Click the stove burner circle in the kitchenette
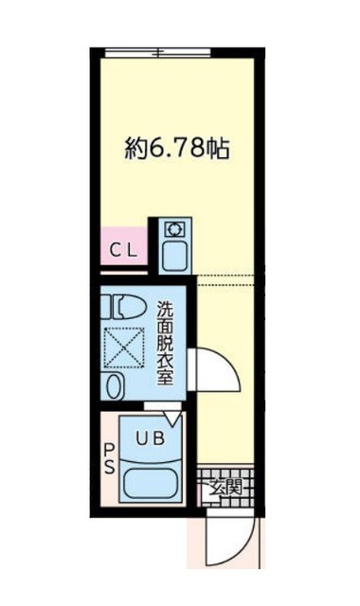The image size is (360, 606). click(175, 228)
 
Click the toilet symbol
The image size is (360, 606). click(126, 306)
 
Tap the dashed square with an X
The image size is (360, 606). click(123, 347)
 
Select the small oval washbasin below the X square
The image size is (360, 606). click(115, 386)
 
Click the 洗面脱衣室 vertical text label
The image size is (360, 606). click(165, 342)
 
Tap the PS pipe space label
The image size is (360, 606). click(107, 459)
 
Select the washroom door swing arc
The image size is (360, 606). click(216, 371)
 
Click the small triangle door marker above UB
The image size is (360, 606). click(171, 415)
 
